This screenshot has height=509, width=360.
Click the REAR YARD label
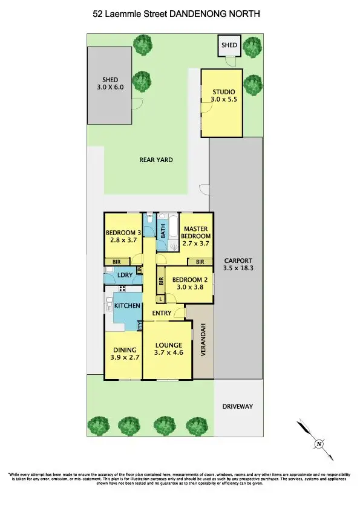[156, 160]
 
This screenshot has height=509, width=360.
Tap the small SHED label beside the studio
[229, 45]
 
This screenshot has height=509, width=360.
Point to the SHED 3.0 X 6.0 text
[110, 83]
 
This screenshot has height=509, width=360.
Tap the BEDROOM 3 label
[123, 236]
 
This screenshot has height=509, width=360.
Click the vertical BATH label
[162, 230]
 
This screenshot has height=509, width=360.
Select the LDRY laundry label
[125, 276]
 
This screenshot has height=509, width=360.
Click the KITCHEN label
[127, 306]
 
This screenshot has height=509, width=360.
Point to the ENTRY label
[161, 313]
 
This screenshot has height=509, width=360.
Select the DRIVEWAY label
[237, 406]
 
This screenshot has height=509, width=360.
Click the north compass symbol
[318, 444]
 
